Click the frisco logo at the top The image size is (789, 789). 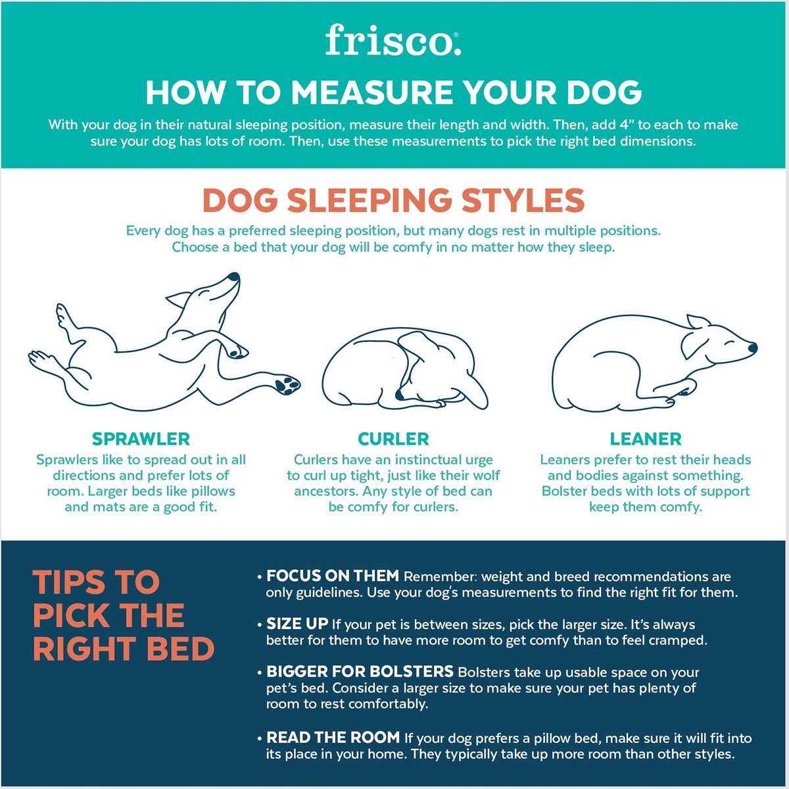[393, 41]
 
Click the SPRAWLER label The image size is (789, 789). [141, 439]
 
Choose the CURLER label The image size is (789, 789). [393, 439]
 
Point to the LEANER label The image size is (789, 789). [646, 439]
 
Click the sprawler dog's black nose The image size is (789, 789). [233, 277]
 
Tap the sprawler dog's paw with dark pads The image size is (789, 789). [288, 384]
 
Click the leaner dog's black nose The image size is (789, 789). [753, 348]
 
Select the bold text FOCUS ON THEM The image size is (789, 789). [333, 576]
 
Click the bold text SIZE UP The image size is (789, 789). [297, 624]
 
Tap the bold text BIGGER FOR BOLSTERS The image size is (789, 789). [360, 671]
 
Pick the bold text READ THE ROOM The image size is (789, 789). [333, 738]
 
